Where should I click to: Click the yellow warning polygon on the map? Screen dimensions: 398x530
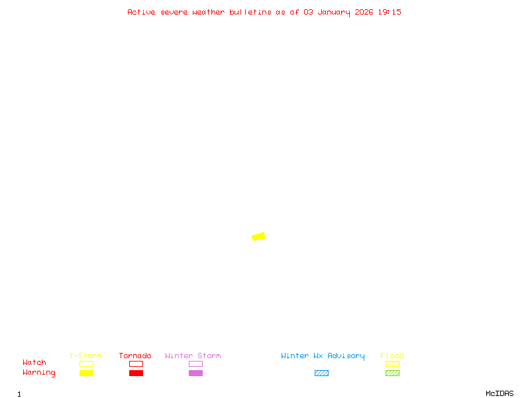(259, 236)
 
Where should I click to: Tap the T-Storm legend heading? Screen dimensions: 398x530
(85, 356)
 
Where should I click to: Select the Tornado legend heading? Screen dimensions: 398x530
(135, 356)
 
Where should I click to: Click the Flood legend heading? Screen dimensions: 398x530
(392, 356)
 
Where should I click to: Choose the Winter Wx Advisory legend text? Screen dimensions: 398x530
(323, 356)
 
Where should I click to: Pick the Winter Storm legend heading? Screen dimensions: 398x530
(193, 356)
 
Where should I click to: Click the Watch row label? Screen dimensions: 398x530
(34, 363)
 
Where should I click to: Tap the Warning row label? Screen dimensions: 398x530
(39, 373)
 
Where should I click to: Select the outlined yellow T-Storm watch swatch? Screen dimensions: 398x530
(86, 364)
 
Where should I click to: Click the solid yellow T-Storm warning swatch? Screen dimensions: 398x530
(86, 373)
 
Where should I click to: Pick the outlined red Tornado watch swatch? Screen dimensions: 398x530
(136, 364)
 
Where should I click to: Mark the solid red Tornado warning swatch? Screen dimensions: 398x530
(136, 373)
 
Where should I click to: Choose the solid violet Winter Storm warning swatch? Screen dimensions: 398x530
(195, 373)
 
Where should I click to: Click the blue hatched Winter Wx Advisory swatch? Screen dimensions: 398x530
(321, 373)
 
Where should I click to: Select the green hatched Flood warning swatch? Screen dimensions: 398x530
(392, 373)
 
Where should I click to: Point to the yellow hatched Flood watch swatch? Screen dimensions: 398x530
(392, 364)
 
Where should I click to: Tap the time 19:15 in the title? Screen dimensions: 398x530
(390, 12)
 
